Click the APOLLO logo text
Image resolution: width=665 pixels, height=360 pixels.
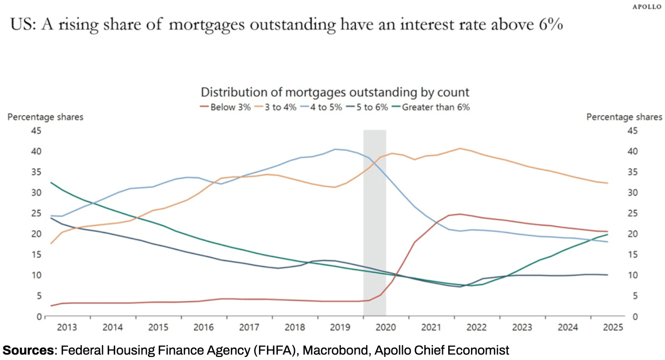coord(647,7)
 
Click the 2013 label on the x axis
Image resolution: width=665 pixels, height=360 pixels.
coord(67,327)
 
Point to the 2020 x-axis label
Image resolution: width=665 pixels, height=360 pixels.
coord(386,327)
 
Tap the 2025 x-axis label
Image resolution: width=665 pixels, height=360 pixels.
coord(613,327)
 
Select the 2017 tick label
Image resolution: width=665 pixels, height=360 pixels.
coord(249,327)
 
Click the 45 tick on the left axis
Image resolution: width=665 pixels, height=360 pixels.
coord(36,131)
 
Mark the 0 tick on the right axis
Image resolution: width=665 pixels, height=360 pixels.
coord(635,317)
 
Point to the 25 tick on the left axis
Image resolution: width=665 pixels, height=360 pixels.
coord(36,213)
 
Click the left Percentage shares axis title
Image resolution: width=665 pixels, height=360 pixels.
coord(45,117)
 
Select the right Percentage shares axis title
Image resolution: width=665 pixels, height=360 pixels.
coord(624,117)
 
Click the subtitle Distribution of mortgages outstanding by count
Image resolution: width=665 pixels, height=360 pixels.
coord(335,92)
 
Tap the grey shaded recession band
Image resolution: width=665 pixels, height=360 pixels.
coord(375,222)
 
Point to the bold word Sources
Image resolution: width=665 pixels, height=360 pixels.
coord(28,350)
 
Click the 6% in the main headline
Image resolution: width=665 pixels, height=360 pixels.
coord(551,24)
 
